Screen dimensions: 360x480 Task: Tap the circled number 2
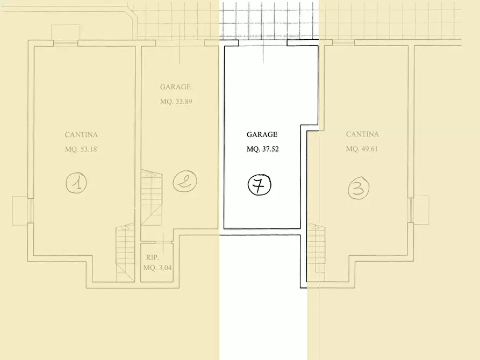(x=184, y=181)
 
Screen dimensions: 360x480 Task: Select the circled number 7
(x=259, y=185)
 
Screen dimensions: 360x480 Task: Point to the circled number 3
(x=359, y=189)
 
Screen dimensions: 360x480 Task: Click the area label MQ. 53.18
(x=81, y=149)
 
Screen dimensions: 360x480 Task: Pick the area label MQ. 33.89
(x=176, y=102)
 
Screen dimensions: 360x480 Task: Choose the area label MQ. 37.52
(x=262, y=149)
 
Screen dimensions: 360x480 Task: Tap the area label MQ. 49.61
(x=362, y=149)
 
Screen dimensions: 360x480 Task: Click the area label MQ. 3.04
(x=157, y=268)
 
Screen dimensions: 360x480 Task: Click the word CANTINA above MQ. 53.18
(x=81, y=135)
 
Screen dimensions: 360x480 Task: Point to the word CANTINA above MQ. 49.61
(x=362, y=134)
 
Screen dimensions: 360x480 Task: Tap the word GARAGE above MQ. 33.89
(x=176, y=87)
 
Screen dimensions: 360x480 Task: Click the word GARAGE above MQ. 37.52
(x=262, y=134)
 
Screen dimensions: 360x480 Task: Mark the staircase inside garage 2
(x=152, y=197)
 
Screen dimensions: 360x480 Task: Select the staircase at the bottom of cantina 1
(x=125, y=252)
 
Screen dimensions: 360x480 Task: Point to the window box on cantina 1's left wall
(x=20, y=210)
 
